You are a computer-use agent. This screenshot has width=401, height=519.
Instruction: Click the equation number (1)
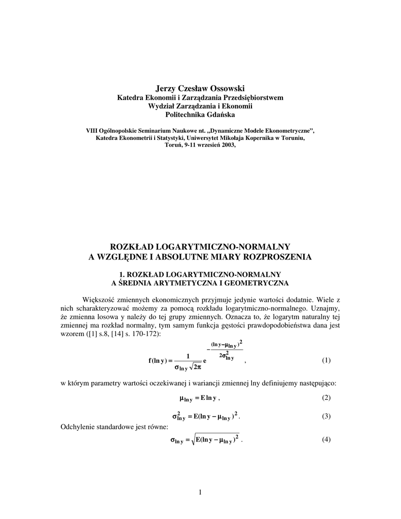pyautogui.click(x=326, y=360)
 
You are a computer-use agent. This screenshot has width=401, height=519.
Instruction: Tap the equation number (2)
pyautogui.click(x=326, y=397)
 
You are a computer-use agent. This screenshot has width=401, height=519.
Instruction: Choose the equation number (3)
pyautogui.click(x=326, y=417)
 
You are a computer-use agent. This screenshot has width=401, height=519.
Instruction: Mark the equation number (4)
pyautogui.click(x=326, y=440)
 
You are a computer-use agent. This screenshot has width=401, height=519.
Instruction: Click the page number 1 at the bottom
pyautogui.click(x=201, y=492)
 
